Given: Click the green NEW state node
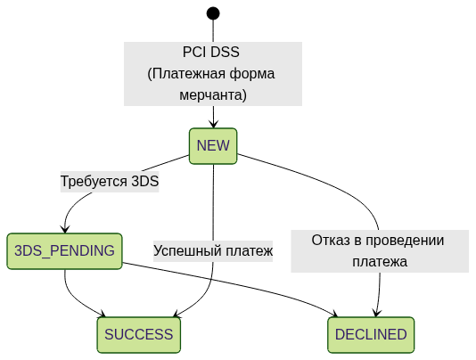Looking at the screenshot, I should click(213, 146).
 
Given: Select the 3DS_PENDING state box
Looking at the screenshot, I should click(64, 251).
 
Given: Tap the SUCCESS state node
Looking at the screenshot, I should click(138, 335).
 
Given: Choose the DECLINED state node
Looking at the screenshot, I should click(371, 335).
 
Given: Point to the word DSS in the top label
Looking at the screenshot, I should click(226, 53).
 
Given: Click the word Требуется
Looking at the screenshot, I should click(94, 182).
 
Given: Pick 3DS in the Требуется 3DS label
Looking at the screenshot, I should click(145, 182).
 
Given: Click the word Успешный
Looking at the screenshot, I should click(187, 251).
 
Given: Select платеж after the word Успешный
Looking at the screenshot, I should click(249, 251).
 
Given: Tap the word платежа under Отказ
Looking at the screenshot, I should click(380, 262).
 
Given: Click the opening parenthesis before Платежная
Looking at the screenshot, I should click(150, 74).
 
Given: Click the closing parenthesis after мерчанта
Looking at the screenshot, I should click(244, 94).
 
